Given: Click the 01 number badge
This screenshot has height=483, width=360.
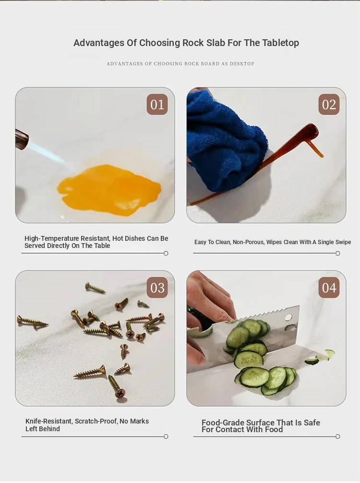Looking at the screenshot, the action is pos(157,105).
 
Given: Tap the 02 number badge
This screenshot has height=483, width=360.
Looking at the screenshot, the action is pos(329,105).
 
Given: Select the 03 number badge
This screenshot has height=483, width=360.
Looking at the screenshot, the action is pos(157,288).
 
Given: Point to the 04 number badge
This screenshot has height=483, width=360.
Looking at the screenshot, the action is pos(329,288).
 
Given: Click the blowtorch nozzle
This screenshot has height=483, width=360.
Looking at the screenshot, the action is pos(22,140).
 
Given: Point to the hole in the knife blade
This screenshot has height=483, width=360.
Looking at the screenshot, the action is pos(288,318).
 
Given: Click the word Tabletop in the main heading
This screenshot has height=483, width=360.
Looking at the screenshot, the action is pos(280,43).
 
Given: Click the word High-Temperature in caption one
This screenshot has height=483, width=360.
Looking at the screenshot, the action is pos(51,238).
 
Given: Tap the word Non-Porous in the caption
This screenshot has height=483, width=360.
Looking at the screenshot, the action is pos(248,242).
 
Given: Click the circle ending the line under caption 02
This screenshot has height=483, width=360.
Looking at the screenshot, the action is pos(337,253).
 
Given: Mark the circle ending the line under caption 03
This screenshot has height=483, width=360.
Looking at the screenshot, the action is pos(166,436).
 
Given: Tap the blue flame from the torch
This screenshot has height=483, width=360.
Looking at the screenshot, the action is pos(46,152).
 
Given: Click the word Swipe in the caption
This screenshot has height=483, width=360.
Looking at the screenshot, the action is pos(342,242).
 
